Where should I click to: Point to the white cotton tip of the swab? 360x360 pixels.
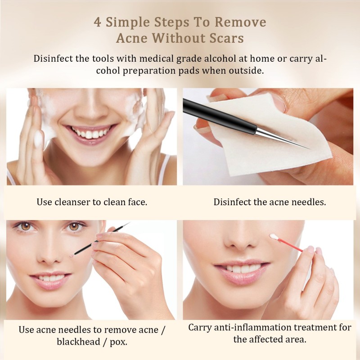(x=273, y=237)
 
